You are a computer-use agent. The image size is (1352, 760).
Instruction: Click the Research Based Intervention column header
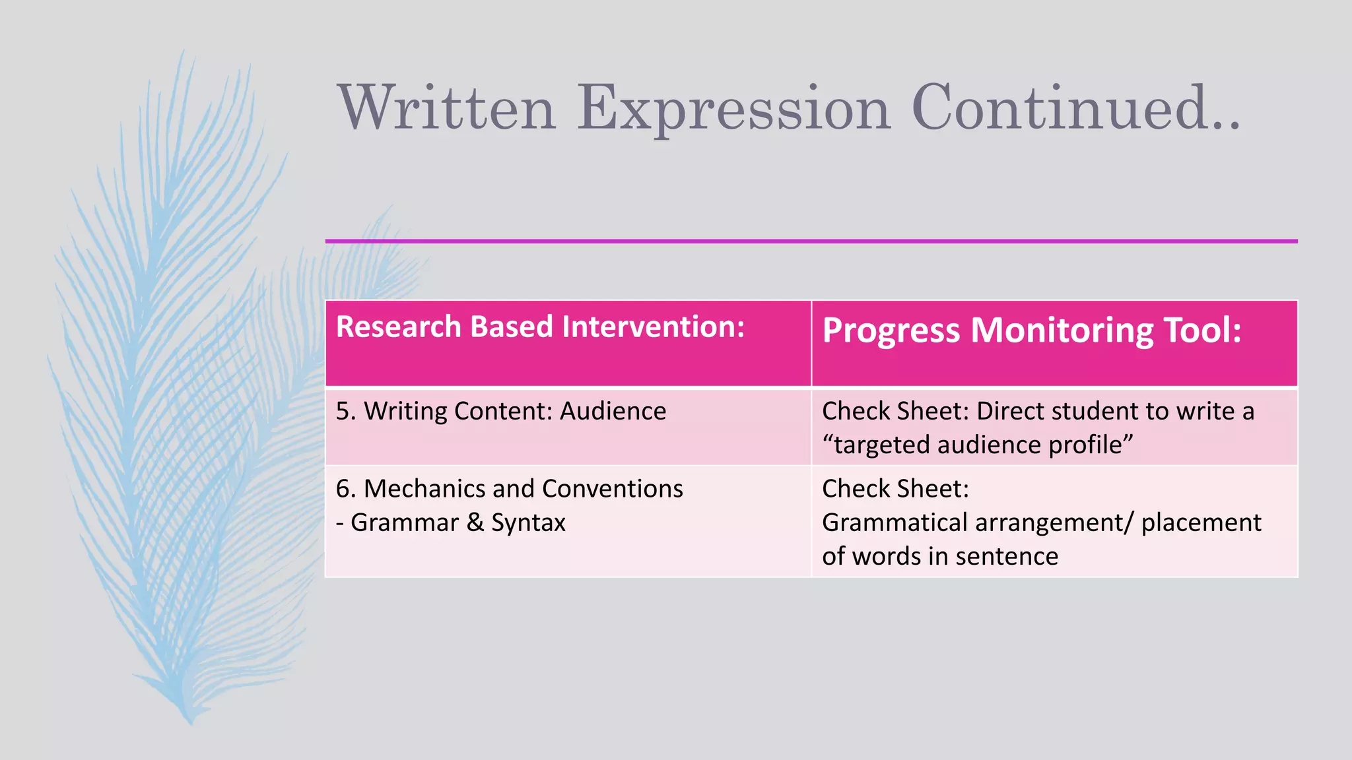coord(540,327)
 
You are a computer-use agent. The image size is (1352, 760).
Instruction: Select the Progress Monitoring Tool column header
coord(1031,331)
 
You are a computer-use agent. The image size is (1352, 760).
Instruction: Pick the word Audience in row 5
coord(613,411)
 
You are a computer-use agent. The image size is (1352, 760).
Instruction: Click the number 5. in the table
coord(345,411)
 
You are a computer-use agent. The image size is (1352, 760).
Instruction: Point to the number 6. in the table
coord(345,489)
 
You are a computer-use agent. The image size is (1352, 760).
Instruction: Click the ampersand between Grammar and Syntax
coord(475,522)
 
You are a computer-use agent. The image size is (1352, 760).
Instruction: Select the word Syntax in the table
coord(528,522)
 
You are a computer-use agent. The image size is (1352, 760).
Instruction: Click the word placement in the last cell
coord(1201,522)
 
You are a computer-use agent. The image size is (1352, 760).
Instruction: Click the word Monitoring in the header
coord(1061,331)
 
